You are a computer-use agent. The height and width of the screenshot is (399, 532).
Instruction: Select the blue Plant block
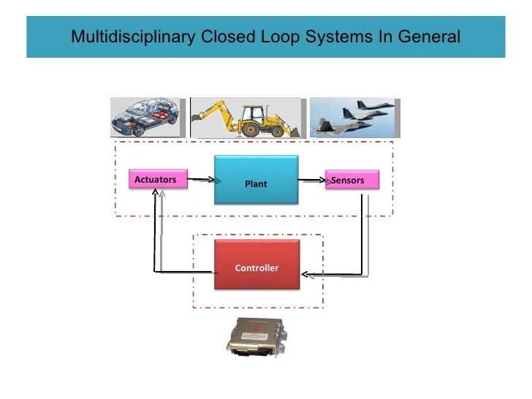(256, 179)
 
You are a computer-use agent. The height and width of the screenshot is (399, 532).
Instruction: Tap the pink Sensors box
(352, 180)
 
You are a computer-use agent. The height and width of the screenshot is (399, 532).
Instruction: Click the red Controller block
(256, 265)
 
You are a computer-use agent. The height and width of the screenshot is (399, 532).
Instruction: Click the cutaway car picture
(147, 118)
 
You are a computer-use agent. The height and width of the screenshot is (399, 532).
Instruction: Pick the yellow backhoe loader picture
(245, 118)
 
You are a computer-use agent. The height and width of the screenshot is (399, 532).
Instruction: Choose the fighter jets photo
(351, 116)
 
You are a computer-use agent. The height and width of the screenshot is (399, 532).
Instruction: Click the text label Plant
(256, 184)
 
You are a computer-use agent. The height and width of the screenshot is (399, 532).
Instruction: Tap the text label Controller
(256, 268)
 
